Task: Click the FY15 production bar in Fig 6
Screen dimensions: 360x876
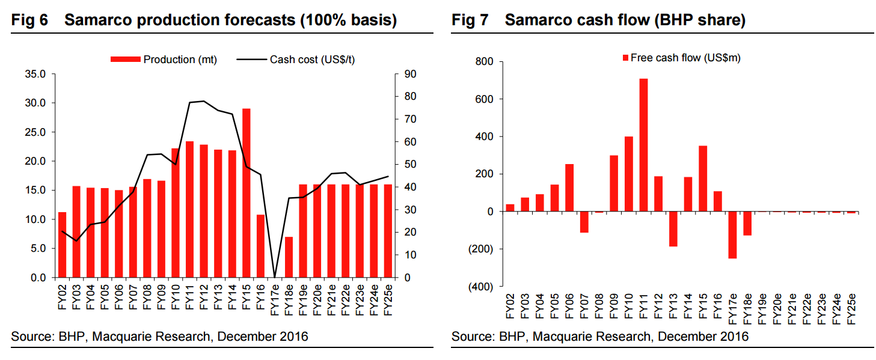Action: (x=247, y=193)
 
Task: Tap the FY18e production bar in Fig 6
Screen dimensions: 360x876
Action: (x=289, y=257)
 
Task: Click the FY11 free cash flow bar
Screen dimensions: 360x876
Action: (x=643, y=145)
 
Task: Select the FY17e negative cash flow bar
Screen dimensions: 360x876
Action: (x=732, y=235)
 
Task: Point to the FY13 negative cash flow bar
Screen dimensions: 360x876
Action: (x=673, y=229)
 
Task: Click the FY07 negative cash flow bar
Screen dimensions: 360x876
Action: (x=584, y=222)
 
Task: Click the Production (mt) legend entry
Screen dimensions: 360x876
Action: (x=164, y=59)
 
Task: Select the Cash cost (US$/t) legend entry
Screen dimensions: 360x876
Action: (x=299, y=59)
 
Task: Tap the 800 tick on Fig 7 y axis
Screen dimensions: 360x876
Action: (x=484, y=62)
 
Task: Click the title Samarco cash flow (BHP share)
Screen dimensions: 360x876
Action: (x=625, y=20)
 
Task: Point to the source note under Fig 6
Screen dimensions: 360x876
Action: (x=159, y=337)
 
